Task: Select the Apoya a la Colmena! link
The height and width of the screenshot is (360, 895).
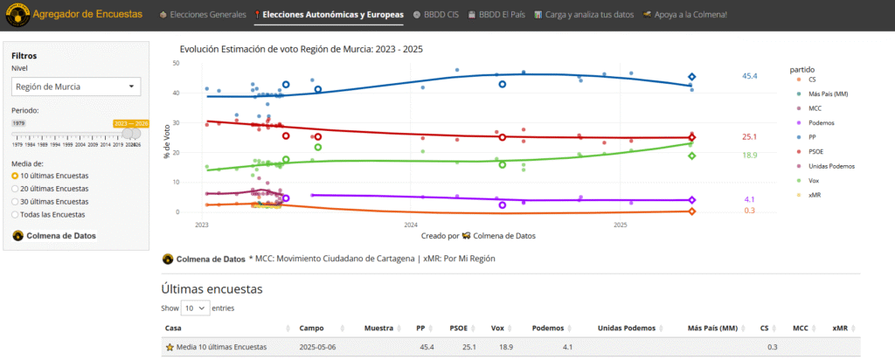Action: coord(684,15)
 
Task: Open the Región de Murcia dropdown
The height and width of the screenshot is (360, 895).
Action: coord(76,86)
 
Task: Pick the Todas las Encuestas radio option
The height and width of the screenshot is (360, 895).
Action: coord(52,213)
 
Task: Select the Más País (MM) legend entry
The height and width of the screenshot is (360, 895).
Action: coord(828,93)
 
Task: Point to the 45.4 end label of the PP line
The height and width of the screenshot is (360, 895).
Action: coord(749,77)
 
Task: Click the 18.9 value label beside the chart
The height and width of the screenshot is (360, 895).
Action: coord(749,155)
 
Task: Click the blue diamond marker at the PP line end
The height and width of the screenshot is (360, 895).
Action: coord(691,77)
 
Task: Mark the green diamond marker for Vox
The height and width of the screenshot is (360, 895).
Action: coord(691,156)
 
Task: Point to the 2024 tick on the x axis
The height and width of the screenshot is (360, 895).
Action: coord(411,225)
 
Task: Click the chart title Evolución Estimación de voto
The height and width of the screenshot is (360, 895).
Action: coord(301,49)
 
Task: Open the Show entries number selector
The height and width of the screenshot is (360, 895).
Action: coord(196,308)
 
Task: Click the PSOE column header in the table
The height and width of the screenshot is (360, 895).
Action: coord(458,328)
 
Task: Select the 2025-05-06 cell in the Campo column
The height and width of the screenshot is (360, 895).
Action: coord(318,347)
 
